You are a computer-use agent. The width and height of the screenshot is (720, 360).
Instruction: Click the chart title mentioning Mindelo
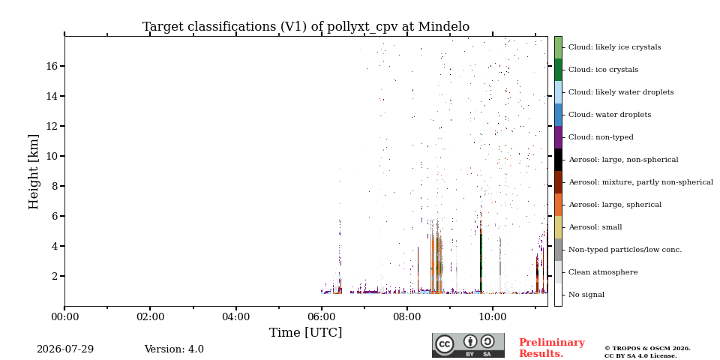coord(306,27)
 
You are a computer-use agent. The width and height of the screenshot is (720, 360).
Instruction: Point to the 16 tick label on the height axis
coord(53,66)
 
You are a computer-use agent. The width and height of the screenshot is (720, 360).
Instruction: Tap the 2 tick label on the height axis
coord(56,277)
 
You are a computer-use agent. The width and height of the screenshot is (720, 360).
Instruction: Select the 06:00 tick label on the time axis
coord(322,316)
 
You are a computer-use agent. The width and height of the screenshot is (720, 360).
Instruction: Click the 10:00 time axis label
coord(493,316)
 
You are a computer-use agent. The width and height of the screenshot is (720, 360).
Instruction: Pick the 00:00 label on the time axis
coord(64,316)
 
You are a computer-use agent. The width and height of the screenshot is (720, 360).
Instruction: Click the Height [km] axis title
coord(34,172)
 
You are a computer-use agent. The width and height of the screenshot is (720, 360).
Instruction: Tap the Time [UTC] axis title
coord(306,332)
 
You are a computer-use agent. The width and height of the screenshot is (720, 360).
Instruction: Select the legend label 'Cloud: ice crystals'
coord(603,70)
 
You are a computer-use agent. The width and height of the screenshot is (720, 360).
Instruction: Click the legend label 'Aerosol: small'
coord(595,227)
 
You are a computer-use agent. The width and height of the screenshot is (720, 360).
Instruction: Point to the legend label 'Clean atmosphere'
coord(603,272)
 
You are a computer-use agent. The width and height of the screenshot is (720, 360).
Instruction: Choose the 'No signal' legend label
coord(586,295)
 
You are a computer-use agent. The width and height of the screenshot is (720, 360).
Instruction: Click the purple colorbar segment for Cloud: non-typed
coord(558,137)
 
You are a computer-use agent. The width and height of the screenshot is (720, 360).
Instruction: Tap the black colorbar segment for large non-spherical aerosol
coord(558,160)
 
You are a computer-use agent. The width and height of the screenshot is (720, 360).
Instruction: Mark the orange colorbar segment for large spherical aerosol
coord(558,205)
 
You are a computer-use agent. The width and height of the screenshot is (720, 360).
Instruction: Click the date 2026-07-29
coord(65,349)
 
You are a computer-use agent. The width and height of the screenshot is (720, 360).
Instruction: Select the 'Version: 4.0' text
coord(174,349)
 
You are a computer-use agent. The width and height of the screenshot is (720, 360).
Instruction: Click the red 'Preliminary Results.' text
coord(552,348)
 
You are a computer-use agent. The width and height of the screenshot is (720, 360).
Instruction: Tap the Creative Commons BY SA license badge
coord(468,345)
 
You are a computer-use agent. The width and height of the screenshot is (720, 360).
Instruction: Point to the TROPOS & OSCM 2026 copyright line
coord(647,349)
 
